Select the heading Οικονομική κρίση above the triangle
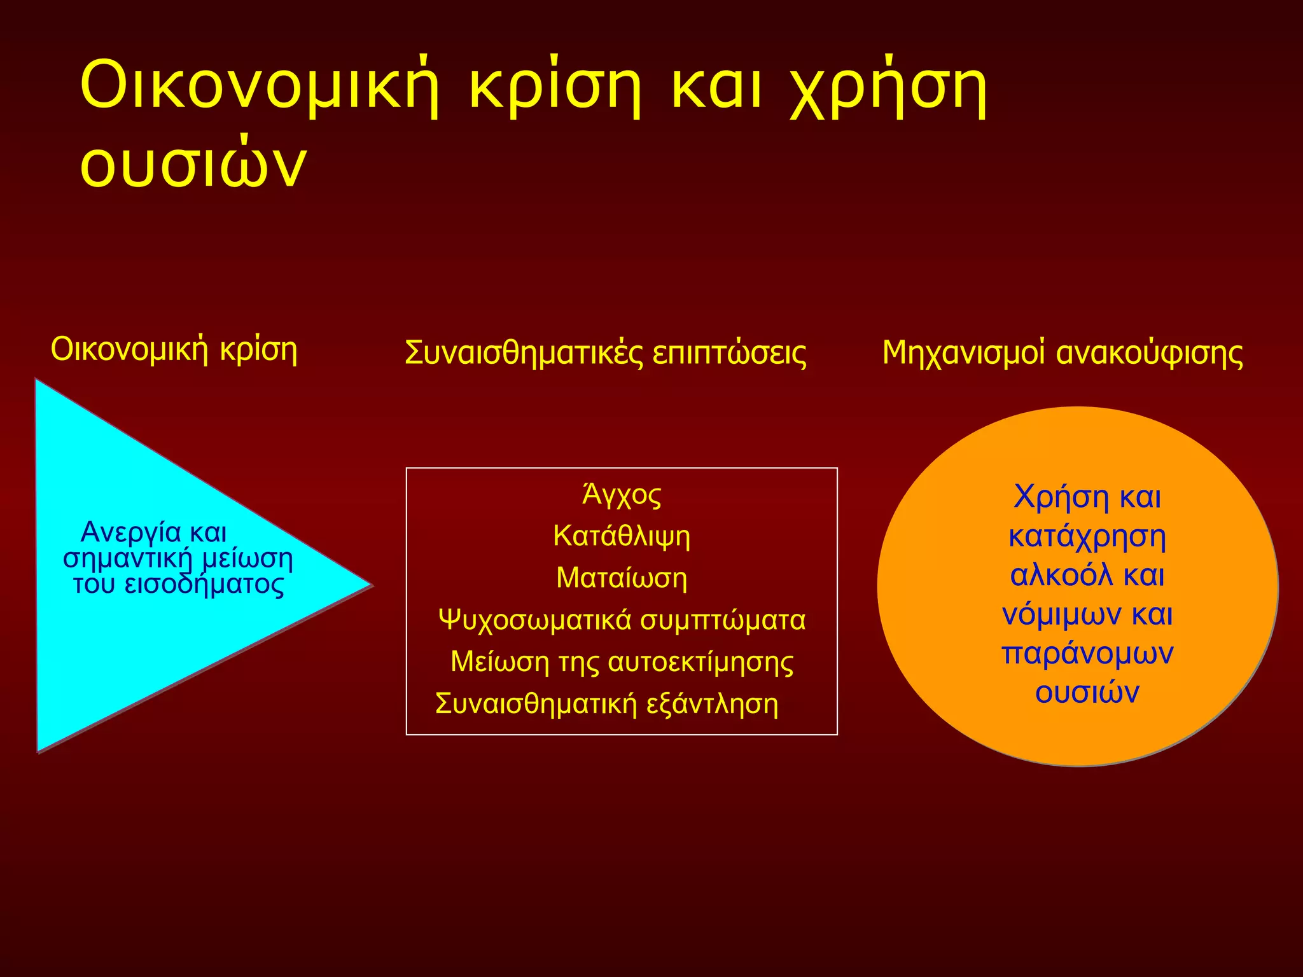(x=174, y=350)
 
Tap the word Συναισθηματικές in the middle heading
(x=523, y=354)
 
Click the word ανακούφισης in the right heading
(x=1149, y=354)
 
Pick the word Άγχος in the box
(x=622, y=495)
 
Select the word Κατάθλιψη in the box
(x=622, y=536)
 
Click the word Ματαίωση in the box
(x=622, y=578)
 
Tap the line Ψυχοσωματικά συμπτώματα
(x=622, y=620)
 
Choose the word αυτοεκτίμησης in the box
(x=700, y=662)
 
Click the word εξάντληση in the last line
(x=712, y=704)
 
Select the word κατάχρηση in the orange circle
(x=1087, y=536)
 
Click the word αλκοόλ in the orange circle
(x=1061, y=575)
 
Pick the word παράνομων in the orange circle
(x=1087, y=653)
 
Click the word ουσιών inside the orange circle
(x=1087, y=693)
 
